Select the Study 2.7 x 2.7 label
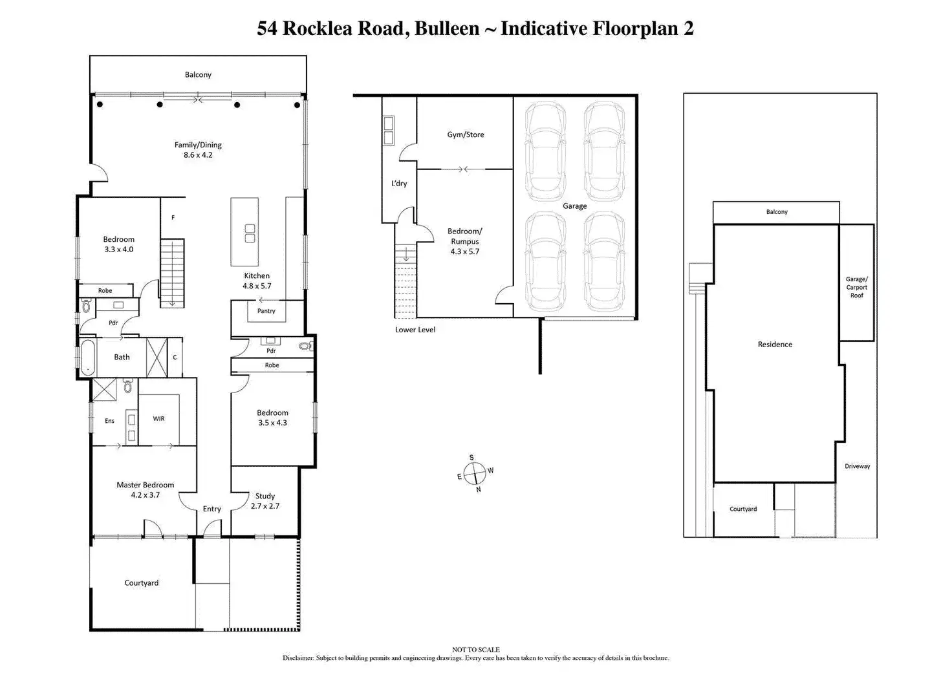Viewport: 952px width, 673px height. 265,501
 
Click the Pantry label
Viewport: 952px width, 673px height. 266,311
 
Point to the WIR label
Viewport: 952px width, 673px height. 158,419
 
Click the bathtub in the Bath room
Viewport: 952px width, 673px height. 87,357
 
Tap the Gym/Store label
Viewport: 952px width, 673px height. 466,135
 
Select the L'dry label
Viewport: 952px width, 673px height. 399,184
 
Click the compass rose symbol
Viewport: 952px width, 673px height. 475,474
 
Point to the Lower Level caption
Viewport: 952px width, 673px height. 415,330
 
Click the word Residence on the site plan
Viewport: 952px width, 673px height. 775,345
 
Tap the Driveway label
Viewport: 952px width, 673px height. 857,466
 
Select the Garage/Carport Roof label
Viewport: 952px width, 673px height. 857,287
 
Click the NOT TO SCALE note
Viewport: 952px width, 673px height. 475,650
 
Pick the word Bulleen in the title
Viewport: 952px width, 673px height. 447,28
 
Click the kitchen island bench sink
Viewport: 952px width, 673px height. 250,233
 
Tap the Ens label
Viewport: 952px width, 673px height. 109,421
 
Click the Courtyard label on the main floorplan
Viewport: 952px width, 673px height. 141,583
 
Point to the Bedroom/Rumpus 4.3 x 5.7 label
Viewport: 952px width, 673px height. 465,241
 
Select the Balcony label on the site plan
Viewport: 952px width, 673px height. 777,212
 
